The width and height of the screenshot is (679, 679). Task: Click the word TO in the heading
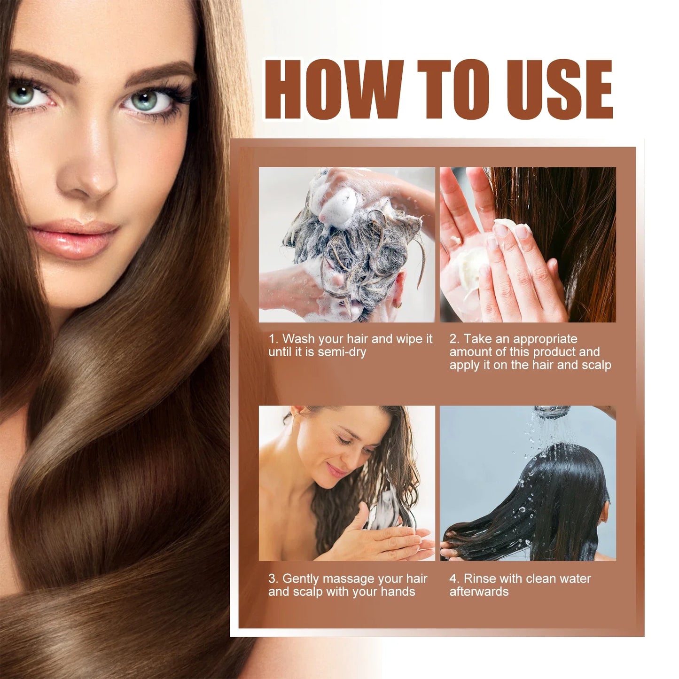[455, 89]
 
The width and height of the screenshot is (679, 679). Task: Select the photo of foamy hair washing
[347, 244]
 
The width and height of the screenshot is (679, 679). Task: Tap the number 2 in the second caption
[453, 339]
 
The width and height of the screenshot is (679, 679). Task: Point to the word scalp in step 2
[596, 365]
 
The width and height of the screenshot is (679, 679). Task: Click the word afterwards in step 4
[479, 592]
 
